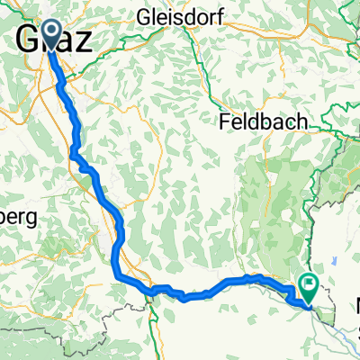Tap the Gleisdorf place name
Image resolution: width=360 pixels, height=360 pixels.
click(x=186, y=16)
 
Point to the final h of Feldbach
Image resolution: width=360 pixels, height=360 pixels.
click(x=301, y=121)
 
